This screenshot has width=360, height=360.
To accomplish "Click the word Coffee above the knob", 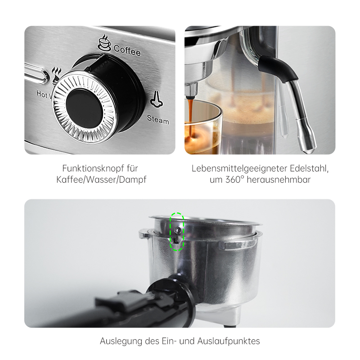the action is tap(127, 50).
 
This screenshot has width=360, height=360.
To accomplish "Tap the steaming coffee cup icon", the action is tap(104, 43).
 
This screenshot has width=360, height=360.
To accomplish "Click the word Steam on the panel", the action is tap(158, 120).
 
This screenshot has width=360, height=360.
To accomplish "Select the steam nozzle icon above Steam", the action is tap(157, 99).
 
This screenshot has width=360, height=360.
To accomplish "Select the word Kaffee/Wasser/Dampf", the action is tap(101, 180).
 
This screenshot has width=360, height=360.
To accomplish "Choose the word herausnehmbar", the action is tap(279, 180).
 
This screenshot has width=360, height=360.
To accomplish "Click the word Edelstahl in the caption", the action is tap(309, 168).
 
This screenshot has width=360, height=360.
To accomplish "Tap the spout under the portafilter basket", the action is tap(231, 318).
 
